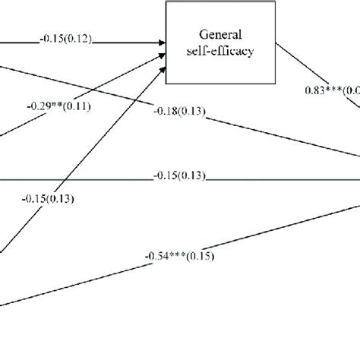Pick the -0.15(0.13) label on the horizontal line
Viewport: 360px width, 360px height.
click(178, 176)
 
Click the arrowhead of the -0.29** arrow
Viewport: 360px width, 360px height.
click(162, 58)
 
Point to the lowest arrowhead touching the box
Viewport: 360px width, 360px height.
click(163, 71)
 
